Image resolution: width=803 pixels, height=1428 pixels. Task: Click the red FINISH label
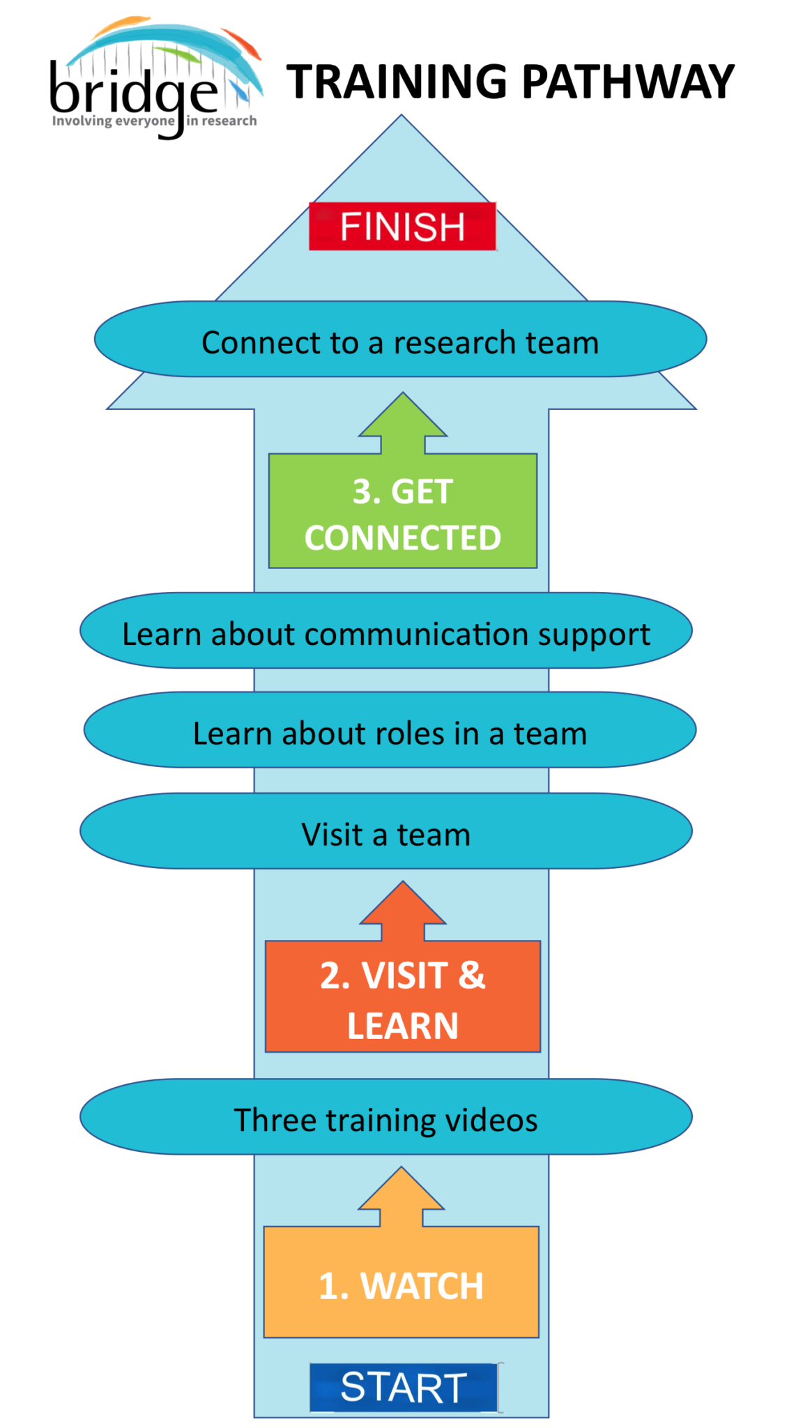(x=402, y=227)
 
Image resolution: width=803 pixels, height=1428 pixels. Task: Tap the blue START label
(x=404, y=1387)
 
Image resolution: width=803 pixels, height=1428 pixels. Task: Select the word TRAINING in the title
(x=397, y=82)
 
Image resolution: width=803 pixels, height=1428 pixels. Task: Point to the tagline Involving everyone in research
(x=154, y=121)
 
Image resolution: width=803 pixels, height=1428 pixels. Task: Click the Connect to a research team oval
(x=400, y=340)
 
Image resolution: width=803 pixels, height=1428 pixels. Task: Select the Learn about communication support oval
(x=385, y=631)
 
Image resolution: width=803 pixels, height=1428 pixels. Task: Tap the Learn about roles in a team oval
(x=390, y=731)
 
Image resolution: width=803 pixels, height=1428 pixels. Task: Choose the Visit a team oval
(x=385, y=831)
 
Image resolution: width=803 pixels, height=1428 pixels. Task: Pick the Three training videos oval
(x=385, y=1117)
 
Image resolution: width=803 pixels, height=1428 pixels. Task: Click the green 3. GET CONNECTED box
(x=402, y=512)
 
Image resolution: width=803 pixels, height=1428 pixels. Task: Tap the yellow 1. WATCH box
(x=401, y=1283)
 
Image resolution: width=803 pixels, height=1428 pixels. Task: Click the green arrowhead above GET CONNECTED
(x=403, y=418)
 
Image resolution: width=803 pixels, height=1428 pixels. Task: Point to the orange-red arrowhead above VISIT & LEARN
(x=403, y=906)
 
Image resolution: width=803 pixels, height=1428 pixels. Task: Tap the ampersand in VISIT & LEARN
(x=472, y=975)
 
